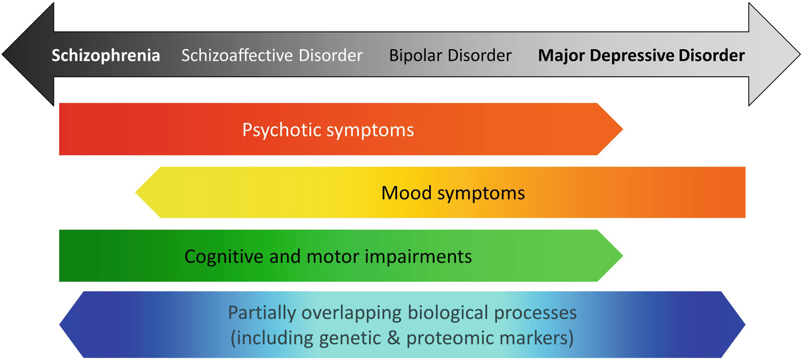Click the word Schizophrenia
(x=106, y=56)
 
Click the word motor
(x=341, y=256)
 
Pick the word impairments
(x=423, y=256)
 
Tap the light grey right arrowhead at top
(x=774, y=54)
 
